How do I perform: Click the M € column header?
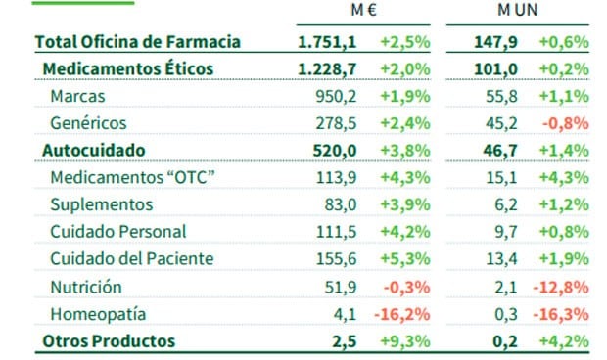click(366, 12)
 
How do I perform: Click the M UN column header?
click(517, 12)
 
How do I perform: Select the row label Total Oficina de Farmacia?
click(137, 42)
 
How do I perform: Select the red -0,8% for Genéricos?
click(567, 123)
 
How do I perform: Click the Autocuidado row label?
click(94, 150)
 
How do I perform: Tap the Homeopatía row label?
click(97, 314)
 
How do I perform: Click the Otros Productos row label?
click(109, 340)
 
